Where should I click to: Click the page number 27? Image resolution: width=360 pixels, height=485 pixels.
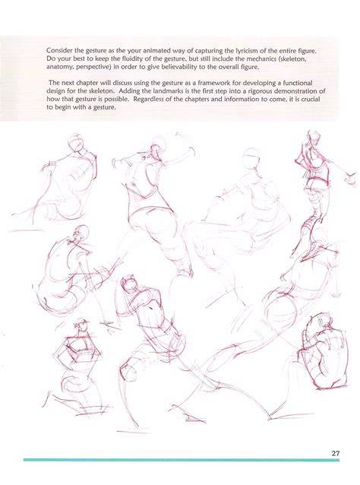(x=336, y=453)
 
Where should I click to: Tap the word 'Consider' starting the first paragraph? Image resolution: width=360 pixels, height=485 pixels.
(x=57, y=50)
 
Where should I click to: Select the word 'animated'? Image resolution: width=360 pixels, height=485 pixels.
(x=152, y=50)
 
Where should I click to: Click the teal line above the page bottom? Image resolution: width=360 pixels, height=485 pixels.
(x=182, y=460)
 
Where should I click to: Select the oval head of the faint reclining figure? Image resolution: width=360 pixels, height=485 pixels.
(x=251, y=158)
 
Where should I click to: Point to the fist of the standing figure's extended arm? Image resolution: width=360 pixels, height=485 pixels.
(x=350, y=179)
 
